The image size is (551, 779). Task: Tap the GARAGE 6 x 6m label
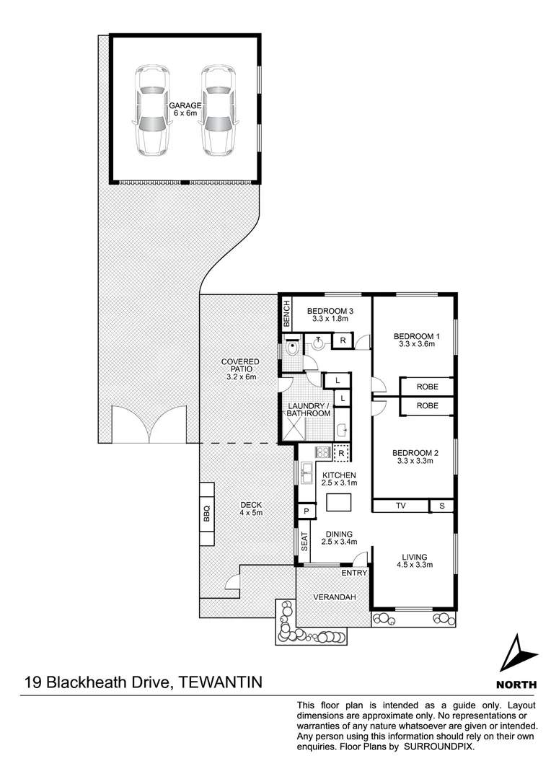pyautogui.click(x=185, y=109)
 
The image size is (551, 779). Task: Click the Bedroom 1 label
pyautogui.click(x=416, y=340)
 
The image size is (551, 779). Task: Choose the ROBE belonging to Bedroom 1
pyautogui.click(x=427, y=387)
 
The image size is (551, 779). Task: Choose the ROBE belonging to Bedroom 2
pyautogui.click(x=427, y=406)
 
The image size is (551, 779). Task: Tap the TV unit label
pyautogui.click(x=401, y=506)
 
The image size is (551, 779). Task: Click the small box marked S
pyautogui.click(x=441, y=506)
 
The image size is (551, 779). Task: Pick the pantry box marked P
pyautogui.click(x=307, y=511)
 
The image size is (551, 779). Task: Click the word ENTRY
pyautogui.click(x=355, y=573)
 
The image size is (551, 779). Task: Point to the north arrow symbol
pyautogui.click(x=519, y=653)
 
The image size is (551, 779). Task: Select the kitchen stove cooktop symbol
pyautogui.click(x=322, y=453)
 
